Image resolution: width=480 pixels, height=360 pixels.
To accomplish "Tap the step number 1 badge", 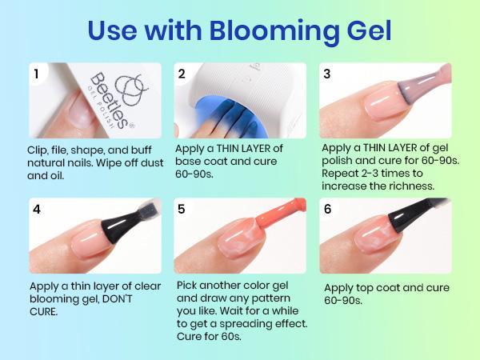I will [x=37, y=74].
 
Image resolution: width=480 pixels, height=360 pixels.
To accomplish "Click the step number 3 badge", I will [x=327, y=74].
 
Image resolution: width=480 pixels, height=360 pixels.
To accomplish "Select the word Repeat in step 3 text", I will [x=341, y=174].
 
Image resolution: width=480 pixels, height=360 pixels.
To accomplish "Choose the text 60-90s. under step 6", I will [x=345, y=301].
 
